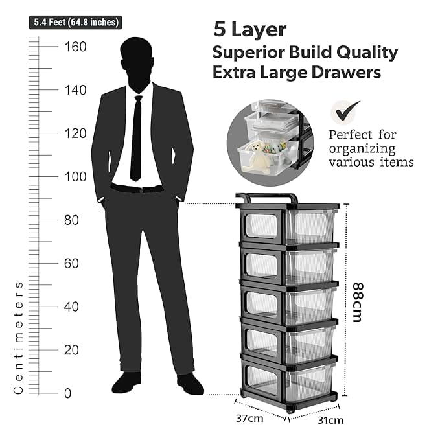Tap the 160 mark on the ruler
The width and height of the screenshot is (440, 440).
(76, 47)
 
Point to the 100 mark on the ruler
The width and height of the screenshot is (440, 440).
(76, 176)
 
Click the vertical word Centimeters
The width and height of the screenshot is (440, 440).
(19, 337)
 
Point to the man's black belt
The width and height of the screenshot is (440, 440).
(137, 189)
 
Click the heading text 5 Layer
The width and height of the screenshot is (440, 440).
(249, 29)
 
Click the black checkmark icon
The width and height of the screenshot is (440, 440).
(345, 111)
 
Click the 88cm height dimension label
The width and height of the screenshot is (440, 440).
(358, 301)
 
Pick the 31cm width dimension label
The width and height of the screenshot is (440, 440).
(330, 421)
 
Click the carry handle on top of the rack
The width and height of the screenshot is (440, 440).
(266, 196)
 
